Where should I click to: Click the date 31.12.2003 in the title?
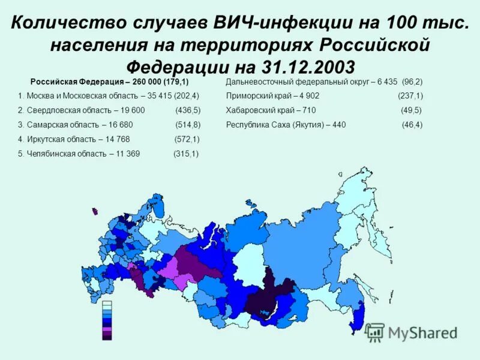pyautogui.click(x=308, y=65)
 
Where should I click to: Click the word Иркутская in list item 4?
pyautogui.click(x=46, y=139)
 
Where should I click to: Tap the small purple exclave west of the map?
pyautogui.click(x=95, y=211)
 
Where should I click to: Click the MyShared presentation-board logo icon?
pyautogui.click(x=375, y=332)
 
